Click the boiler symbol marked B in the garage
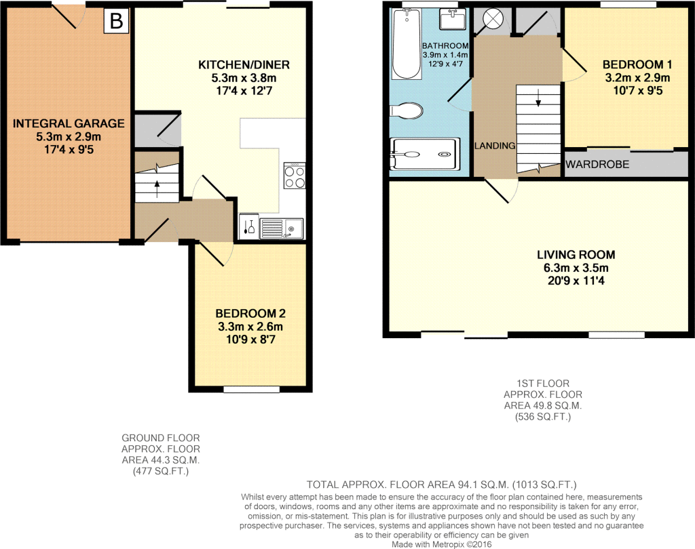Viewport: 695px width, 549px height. [116, 21]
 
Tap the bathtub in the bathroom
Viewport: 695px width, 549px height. [407, 44]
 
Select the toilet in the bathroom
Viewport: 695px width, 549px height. [406, 110]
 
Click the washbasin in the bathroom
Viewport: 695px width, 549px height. [452, 20]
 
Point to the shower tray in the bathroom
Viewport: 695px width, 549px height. [423, 154]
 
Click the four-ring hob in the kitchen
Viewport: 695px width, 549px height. [295, 176]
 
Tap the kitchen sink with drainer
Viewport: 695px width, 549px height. [282, 228]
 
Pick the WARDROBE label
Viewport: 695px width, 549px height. [597, 164]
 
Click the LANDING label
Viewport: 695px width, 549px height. [495, 146]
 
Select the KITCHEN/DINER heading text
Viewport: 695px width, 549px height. [244, 65]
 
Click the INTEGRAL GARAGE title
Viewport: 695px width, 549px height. [69, 123]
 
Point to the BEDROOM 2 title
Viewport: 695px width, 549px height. [250, 314]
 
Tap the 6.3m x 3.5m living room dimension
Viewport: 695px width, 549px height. [576, 268]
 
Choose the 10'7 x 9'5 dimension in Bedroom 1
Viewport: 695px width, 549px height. [637, 91]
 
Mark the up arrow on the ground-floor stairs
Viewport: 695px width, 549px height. [157, 188]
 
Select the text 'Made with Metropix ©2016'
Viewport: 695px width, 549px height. [441, 544]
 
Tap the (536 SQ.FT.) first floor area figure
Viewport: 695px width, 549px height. [542, 417]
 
